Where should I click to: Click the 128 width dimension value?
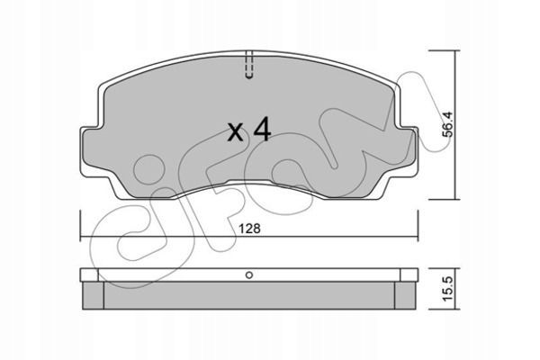coord(250,229)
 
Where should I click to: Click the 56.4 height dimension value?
coord(448,124)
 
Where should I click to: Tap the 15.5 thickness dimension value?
coord(448,289)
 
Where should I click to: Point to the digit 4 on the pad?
coord(263,130)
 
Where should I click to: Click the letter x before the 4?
coord(236,132)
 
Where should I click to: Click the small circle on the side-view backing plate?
coord(249,274)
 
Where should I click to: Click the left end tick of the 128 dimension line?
coord(80,226)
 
